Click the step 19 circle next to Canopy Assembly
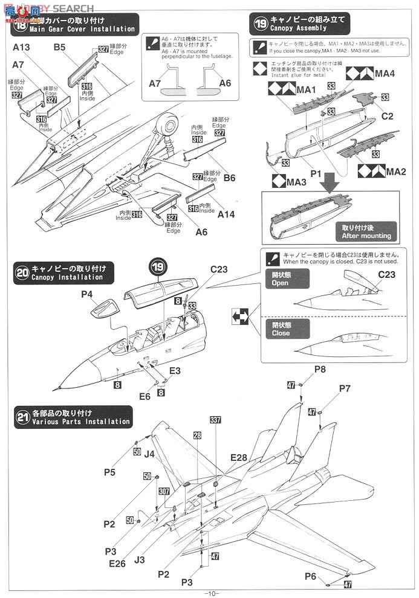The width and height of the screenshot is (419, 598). pos(260,24)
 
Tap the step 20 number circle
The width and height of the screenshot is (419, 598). pos(22,273)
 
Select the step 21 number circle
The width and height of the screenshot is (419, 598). pos(22,417)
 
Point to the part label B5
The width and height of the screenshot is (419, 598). pos(60,47)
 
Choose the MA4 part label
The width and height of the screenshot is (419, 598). pos(385,73)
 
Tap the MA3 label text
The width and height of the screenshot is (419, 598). pos(296,181)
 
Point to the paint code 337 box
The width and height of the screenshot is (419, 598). pos(216,420)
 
